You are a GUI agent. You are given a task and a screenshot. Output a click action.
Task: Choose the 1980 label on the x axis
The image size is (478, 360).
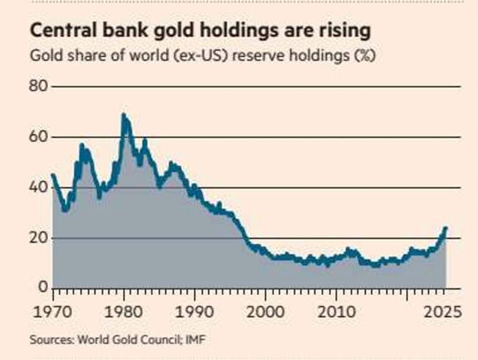[124, 310]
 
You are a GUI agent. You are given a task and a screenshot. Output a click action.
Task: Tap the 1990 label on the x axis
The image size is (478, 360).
[195, 310]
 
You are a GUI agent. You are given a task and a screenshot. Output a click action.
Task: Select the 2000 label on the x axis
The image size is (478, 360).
[266, 310]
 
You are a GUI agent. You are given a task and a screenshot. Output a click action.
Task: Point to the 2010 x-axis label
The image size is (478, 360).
[337, 310]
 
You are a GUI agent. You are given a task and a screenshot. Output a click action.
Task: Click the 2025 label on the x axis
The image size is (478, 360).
[443, 310]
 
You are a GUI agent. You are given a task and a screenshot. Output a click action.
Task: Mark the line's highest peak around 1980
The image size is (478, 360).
[123, 115]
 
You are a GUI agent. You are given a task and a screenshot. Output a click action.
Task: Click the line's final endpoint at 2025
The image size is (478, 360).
[446, 229]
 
